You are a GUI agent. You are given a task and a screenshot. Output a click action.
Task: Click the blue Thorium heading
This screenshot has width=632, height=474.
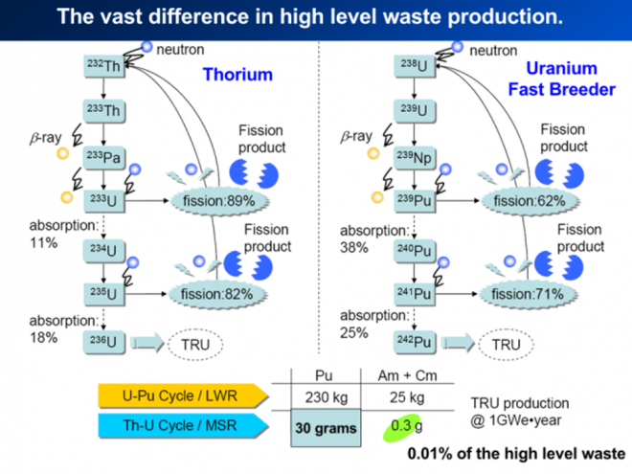point(237,75)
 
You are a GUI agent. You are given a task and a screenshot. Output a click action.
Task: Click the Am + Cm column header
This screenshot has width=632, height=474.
point(400,371)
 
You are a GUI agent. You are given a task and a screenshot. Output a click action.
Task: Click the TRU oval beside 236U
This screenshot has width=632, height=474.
point(193,341)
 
